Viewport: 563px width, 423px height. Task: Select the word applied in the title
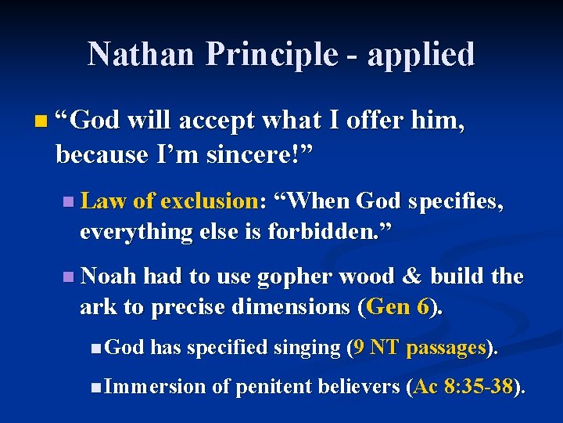click(421, 54)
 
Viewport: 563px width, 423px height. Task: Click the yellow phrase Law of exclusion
click(169, 201)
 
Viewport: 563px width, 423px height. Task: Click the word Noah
click(109, 277)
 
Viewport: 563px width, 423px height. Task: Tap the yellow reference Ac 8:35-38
click(464, 385)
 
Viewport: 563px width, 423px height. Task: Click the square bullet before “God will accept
click(41, 122)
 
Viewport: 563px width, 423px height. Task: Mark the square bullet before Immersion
click(95, 386)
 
